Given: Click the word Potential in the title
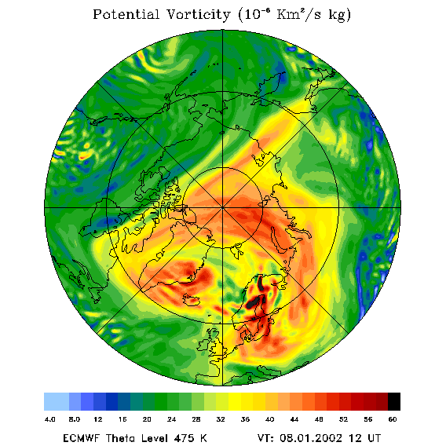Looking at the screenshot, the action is [126, 14].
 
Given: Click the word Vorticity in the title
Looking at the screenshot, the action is [198, 14].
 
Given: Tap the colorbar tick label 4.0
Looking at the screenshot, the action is [49, 419].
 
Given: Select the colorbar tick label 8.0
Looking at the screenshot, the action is [75, 419].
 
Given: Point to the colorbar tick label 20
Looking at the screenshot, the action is [147, 419].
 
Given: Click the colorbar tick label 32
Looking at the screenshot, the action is [221, 419].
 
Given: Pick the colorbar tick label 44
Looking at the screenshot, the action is [294, 419].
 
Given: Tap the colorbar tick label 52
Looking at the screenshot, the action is [343, 419].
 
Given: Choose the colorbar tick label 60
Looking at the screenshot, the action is [393, 419].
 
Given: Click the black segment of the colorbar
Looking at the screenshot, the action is [394, 401].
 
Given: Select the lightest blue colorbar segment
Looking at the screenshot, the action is [57, 401].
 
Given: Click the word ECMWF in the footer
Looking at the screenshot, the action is [81, 437].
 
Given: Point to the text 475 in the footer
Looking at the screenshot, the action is [184, 437].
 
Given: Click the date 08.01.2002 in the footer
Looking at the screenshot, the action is [311, 437].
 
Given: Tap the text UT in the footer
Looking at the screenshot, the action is [373, 437].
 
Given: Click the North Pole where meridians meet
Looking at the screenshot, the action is [222, 207].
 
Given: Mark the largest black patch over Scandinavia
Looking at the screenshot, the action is [256, 302].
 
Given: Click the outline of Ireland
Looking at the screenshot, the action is [204, 344].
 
